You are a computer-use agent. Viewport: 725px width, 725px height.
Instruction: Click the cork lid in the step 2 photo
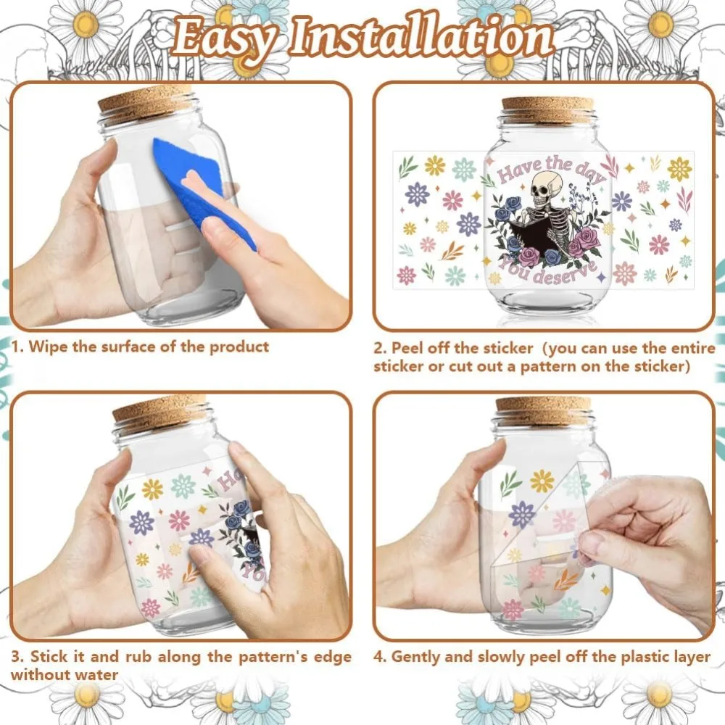pos(547,109)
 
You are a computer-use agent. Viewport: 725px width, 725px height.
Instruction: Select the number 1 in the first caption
pos(16,347)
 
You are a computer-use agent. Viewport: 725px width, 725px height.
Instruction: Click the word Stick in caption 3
pos(50,657)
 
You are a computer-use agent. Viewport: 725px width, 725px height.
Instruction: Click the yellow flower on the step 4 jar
pos(542,480)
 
